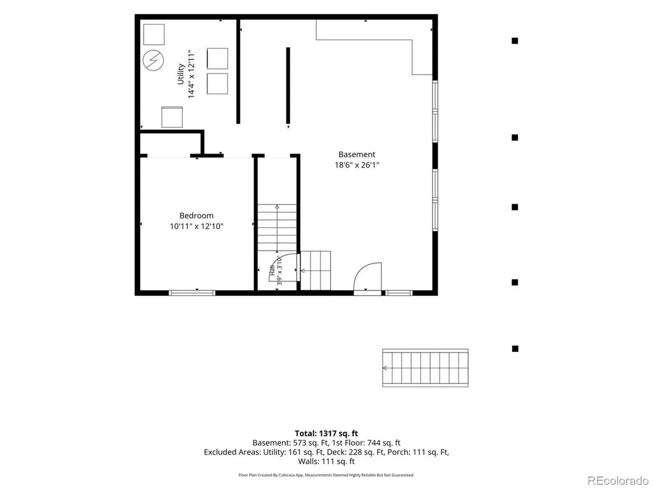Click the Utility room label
pyautogui.click(x=181, y=74)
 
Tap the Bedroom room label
pyautogui.click(x=197, y=215)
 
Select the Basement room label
pyautogui.click(x=357, y=154)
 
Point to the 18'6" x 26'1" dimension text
pyautogui.click(x=357, y=165)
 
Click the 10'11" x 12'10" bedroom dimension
pyautogui.click(x=197, y=226)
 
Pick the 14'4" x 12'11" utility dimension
pyautogui.click(x=191, y=74)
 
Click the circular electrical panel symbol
pyautogui.click(x=153, y=61)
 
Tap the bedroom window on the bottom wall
pyautogui.click(x=192, y=292)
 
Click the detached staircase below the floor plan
pyautogui.click(x=425, y=368)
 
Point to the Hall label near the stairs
pyautogui.click(x=273, y=270)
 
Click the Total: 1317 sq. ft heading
pyautogui.click(x=326, y=434)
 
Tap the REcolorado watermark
pyautogui.click(x=618, y=481)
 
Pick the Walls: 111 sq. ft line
pyautogui.click(x=326, y=461)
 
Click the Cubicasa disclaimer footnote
pyautogui.click(x=326, y=475)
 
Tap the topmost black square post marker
pyautogui.click(x=515, y=41)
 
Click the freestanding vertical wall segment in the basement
pyautogui.click(x=288, y=85)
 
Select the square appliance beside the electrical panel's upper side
pyautogui.click(x=154, y=35)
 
